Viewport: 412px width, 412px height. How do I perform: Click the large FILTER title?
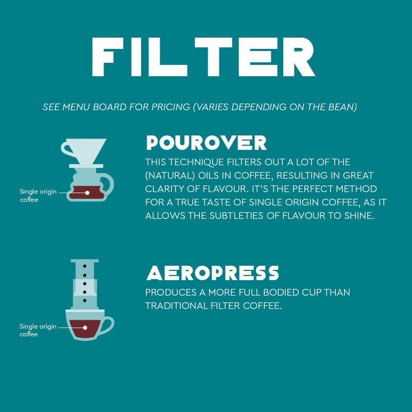203,57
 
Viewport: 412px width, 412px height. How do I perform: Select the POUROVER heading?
207,143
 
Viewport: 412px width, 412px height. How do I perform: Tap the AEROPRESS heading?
213,273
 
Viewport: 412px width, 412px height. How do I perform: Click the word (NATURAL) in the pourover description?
170,176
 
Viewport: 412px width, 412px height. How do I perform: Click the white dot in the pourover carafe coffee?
87,193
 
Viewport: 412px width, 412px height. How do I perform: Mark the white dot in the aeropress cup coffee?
85,328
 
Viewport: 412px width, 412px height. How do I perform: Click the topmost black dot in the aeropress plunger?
84,266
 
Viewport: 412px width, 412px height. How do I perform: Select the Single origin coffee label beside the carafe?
38,196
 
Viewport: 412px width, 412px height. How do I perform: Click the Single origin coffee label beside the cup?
38,330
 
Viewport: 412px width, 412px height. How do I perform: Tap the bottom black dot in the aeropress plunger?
84,300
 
